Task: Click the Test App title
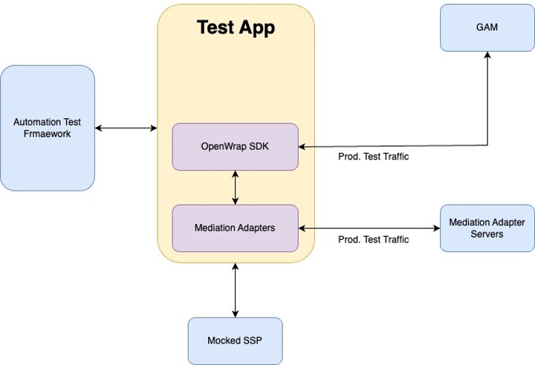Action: tap(236, 28)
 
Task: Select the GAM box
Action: tap(487, 27)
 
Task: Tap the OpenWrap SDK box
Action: tap(235, 146)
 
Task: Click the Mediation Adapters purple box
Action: tap(235, 228)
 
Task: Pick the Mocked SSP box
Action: tap(235, 341)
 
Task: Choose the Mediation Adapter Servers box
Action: tap(487, 228)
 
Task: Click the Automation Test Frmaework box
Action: tap(48, 128)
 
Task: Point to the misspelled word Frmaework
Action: tap(48, 134)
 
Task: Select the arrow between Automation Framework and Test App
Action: tap(126, 128)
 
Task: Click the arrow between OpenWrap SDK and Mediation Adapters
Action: tap(236, 187)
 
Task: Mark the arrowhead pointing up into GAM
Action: tap(487, 57)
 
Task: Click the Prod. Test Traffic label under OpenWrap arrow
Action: tap(373, 157)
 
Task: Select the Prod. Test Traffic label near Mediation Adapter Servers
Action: tap(373, 240)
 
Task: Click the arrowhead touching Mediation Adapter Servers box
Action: tap(435, 228)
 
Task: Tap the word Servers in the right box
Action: tap(487, 234)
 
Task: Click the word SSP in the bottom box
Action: tap(252, 341)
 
